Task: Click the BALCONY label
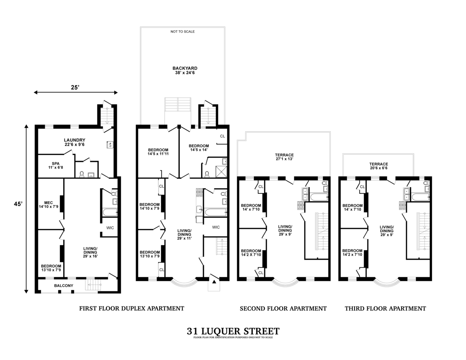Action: (64, 286)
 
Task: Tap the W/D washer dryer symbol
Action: (110, 145)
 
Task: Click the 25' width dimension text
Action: (75, 87)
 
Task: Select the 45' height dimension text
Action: (18, 204)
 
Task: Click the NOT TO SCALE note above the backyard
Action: (183, 31)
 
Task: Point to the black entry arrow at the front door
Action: (214, 282)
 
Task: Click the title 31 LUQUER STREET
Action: (233, 331)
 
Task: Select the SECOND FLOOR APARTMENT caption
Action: (283, 308)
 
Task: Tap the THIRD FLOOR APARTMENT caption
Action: (385, 308)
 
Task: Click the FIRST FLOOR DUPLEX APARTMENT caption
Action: (132, 308)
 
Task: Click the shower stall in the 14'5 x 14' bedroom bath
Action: (221, 172)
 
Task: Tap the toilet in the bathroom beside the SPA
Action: (82, 174)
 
